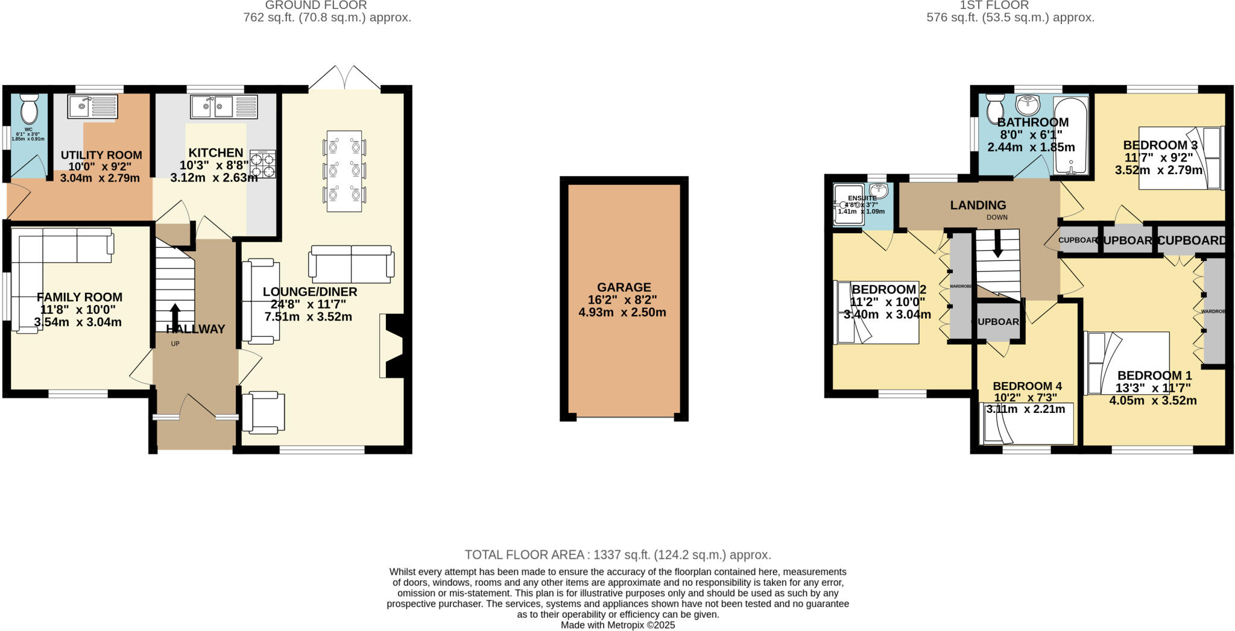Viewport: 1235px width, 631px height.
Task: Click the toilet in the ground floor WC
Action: click(28, 110)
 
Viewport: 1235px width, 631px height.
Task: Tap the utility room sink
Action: click(92, 107)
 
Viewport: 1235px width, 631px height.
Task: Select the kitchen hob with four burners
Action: click(263, 165)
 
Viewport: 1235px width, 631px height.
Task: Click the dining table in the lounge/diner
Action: click(344, 171)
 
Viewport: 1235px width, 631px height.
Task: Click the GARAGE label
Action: click(624, 287)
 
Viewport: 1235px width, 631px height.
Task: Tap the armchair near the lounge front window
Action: click(263, 412)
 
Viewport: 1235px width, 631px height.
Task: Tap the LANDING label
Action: click(978, 206)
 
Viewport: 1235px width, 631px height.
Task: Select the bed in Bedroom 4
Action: click(1028, 424)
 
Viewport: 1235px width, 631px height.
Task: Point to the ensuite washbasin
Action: click(879, 192)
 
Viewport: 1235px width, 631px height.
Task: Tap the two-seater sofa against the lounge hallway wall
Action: click(261, 301)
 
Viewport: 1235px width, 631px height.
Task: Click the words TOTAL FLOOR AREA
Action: click(524, 554)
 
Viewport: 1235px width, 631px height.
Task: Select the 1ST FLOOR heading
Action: click(1011, 5)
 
